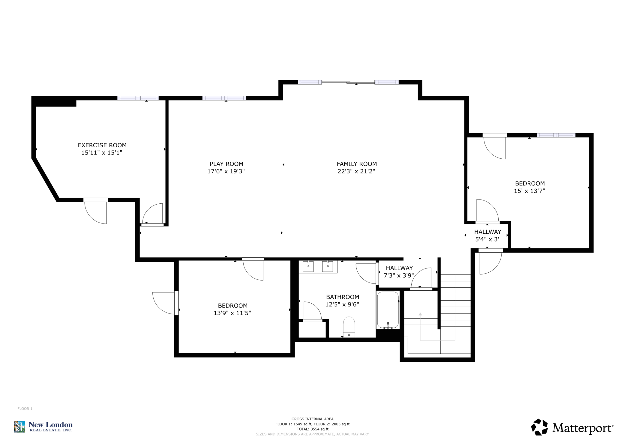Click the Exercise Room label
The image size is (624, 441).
102,145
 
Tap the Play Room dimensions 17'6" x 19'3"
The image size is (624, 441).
226,171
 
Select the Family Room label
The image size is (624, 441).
357,164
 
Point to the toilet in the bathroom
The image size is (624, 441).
349,327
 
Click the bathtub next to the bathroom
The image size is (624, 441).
388,310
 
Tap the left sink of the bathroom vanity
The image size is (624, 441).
308,266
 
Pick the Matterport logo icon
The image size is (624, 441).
539,427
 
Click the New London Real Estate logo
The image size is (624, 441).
43,427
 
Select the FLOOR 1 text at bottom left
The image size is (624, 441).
25,409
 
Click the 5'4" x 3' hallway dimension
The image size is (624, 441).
487,239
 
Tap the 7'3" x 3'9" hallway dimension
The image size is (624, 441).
399,275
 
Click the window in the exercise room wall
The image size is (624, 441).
138,98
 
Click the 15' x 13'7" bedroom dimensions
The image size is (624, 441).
529,191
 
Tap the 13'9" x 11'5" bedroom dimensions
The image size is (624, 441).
232,313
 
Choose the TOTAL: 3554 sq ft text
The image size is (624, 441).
312,429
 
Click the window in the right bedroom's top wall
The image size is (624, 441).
556,135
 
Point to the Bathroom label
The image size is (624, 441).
343,297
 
